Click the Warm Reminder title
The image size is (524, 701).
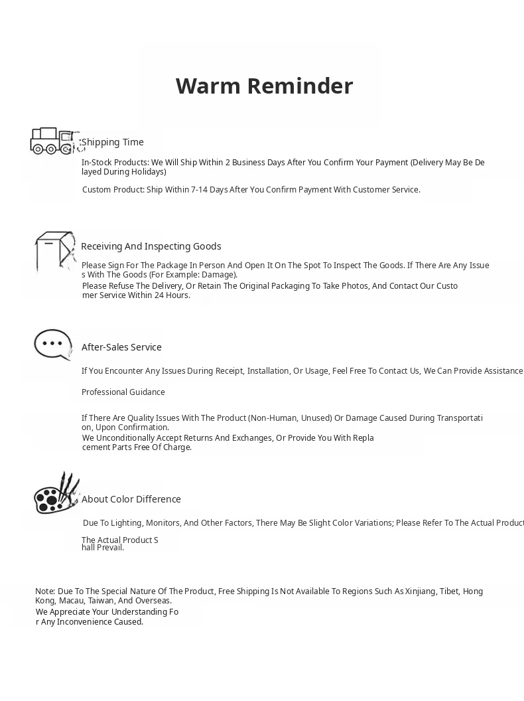click(x=264, y=86)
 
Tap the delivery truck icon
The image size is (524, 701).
click(x=52, y=141)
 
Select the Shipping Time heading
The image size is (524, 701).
click(x=113, y=142)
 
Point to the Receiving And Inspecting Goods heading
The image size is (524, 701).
click(x=151, y=246)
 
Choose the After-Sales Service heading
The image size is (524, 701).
click(x=121, y=347)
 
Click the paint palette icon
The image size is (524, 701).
click(x=56, y=494)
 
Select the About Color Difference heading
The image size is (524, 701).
click(x=131, y=499)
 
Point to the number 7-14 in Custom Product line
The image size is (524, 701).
click(x=200, y=190)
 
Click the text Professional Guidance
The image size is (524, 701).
click(x=123, y=392)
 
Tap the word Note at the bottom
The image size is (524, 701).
click(x=44, y=591)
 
